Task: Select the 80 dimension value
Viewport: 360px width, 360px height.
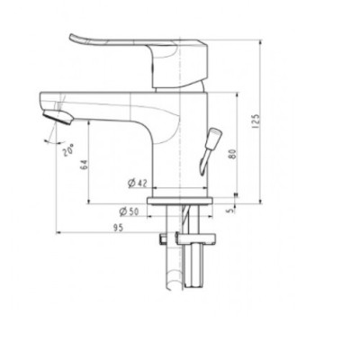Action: [232, 154]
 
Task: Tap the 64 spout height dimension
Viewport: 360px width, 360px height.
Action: [83, 164]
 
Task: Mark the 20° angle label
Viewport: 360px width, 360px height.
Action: [67, 152]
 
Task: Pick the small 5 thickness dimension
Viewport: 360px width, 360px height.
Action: [232, 211]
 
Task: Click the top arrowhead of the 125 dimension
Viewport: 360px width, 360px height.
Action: [261, 41]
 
